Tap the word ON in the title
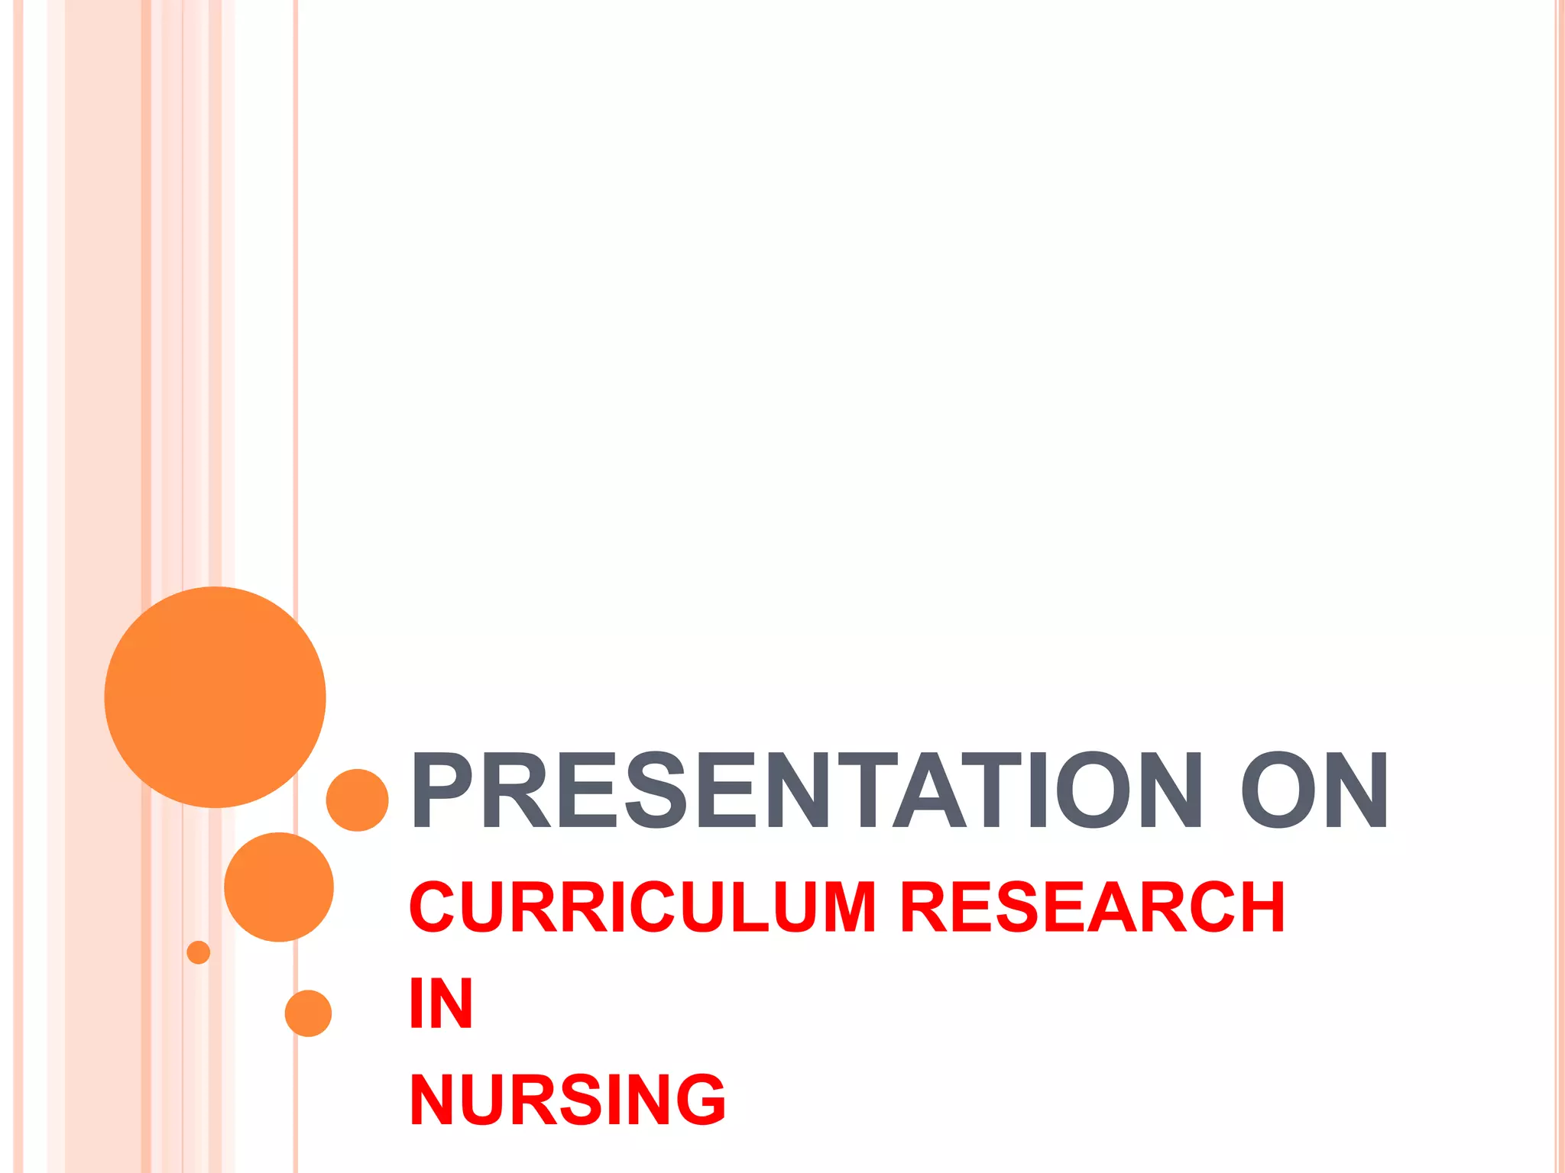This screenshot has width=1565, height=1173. click(x=1314, y=790)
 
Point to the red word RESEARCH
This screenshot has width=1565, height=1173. click(x=1093, y=907)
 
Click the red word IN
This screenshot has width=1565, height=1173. click(x=441, y=1003)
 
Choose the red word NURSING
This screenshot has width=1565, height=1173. click(x=567, y=1100)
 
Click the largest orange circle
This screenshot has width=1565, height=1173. click(x=215, y=697)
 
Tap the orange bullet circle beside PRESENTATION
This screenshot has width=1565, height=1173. click(x=357, y=800)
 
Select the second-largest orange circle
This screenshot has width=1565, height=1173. click(x=279, y=887)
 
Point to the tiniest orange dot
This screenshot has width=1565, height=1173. click(x=198, y=952)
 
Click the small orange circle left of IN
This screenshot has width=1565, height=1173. click(x=308, y=1013)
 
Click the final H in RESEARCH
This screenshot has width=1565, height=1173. click(x=1259, y=907)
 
